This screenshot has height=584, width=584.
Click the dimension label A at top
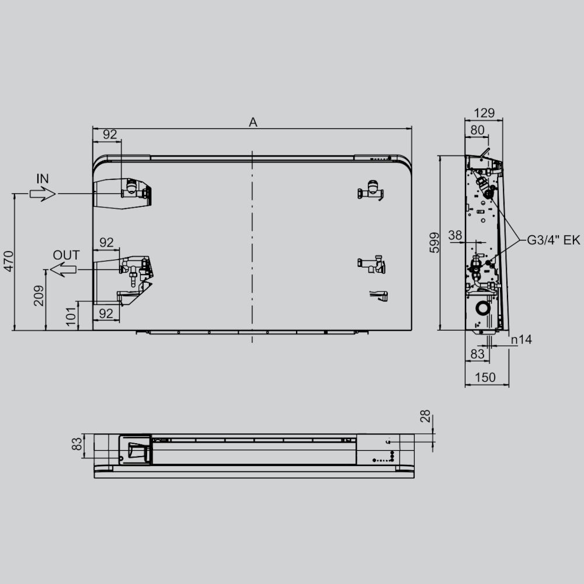tap(253, 122)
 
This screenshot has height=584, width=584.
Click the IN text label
tap(43, 179)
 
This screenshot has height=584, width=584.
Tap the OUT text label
tap(66, 255)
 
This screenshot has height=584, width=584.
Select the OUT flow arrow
tap(64, 269)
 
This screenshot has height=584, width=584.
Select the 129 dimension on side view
tap(484, 113)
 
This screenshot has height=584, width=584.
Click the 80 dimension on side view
tap(477, 130)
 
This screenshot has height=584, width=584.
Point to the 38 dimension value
tap(456, 235)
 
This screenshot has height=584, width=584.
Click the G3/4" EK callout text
tap(554, 240)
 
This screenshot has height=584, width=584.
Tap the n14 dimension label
tap(520, 339)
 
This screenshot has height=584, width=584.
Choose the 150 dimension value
tap(485, 378)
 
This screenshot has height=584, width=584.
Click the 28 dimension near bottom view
tap(425, 416)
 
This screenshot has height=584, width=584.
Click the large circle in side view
tap(483, 308)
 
